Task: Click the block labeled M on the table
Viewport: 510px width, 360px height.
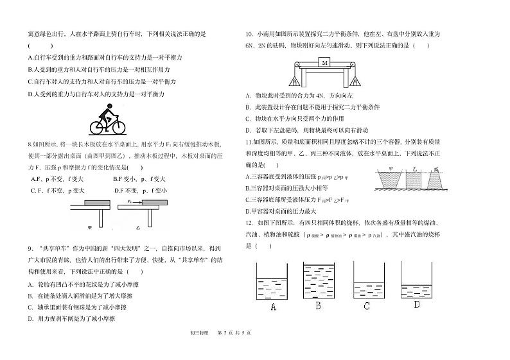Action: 325,63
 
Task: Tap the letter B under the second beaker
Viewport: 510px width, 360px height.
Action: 318,305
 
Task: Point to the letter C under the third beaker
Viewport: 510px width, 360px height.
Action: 366,305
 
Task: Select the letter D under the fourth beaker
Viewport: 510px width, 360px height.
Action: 417,305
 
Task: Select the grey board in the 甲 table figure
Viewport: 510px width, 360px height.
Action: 90,204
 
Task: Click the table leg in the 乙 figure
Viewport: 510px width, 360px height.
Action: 148,219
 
